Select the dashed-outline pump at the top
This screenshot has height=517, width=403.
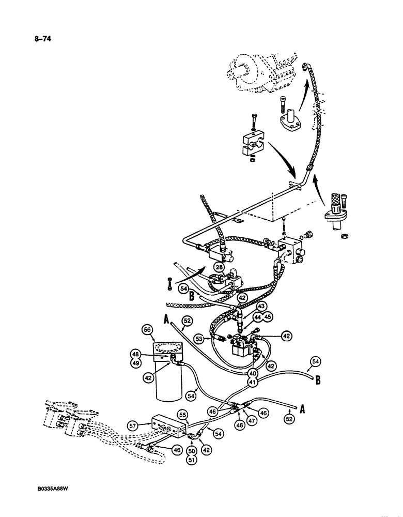point(261,77)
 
